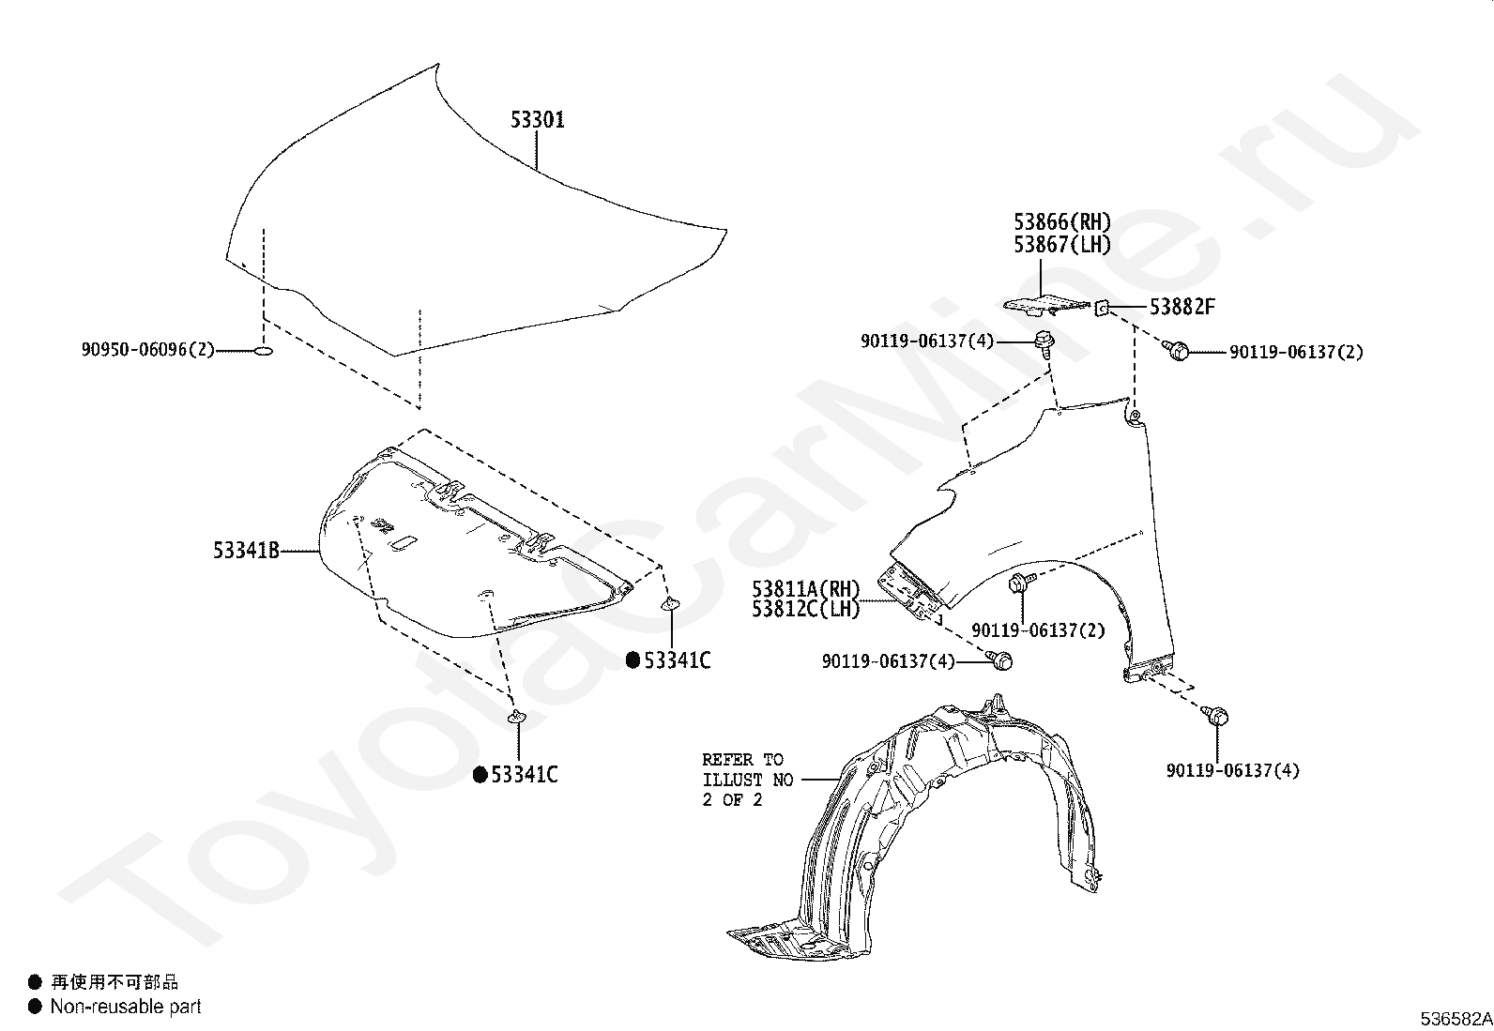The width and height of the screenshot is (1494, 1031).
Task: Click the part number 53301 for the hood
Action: [537, 120]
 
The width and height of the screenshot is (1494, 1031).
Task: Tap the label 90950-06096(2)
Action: [147, 350]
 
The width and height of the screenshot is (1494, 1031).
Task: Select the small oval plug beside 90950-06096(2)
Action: [264, 351]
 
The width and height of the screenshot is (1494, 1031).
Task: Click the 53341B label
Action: [246, 551]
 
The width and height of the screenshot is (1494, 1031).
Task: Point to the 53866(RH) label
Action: [1061, 222]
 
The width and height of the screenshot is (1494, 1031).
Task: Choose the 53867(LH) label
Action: [1061, 245]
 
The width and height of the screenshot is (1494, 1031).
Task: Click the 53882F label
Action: [1181, 307]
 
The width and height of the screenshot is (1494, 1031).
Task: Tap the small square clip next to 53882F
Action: [1105, 306]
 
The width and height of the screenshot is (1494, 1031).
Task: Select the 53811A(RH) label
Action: [805, 589]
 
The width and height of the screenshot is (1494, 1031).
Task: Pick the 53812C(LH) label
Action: [805, 609]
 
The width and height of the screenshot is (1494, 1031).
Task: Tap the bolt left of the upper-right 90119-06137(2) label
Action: [1176, 351]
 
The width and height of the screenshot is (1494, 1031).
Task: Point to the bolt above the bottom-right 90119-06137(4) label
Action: [1217, 717]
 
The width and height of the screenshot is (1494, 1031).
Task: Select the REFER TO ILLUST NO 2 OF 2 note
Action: [747, 780]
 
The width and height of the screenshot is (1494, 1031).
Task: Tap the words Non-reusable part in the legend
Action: [126, 1007]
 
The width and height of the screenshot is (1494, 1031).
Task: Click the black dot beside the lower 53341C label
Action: [480, 775]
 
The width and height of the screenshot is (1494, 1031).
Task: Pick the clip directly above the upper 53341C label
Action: [671, 603]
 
